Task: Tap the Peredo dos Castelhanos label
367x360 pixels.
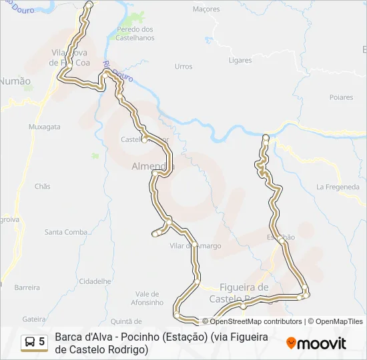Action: pyautogui.click(x=135, y=33)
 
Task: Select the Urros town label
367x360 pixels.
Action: pyautogui.click(x=183, y=67)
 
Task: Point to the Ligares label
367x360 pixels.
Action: pyautogui.click(x=240, y=60)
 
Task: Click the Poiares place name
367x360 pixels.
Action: pyautogui.click(x=341, y=97)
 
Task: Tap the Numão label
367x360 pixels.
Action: pyautogui.click(x=15, y=81)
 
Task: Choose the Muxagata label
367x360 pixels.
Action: pyautogui.click(x=45, y=126)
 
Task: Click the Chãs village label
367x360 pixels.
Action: pyautogui.click(x=42, y=187)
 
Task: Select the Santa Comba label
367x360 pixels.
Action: pyautogui.click(x=67, y=232)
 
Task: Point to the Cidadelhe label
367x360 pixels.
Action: pyautogui.click(x=95, y=281)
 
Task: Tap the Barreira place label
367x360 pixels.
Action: pyautogui.click(x=27, y=287)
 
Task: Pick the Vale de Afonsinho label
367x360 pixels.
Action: pyautogui.click(x=149, y=298)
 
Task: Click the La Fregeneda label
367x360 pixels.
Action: pyautogui.click(x=338, y=187)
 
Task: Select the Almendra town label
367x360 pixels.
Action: pyautogui.click(x=152, y=166)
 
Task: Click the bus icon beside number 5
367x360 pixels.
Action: pyautogui.click(x=30, y=342)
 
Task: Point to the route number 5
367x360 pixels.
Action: pyautogui.click(x=42, y=342)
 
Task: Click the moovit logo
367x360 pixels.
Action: pyautogui.click(x=316, y=343)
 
